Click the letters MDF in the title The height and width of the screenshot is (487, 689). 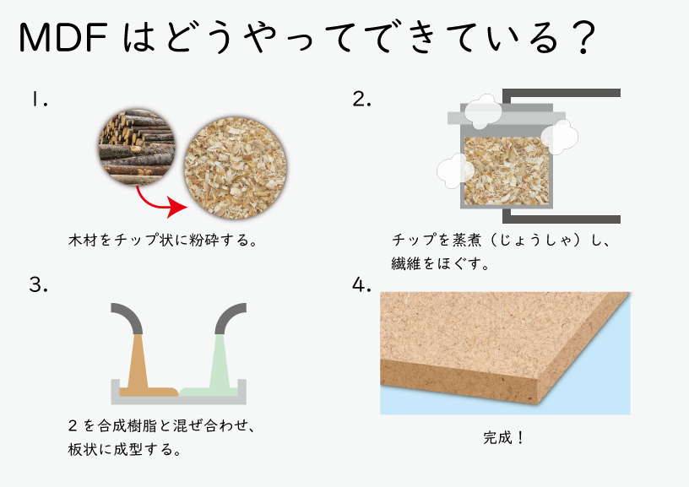point(63,38)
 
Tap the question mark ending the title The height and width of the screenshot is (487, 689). point(583,38)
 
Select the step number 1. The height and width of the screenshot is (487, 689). point(39,100)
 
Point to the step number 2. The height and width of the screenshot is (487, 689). point(361,100)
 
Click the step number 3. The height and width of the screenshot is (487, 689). point(38,285)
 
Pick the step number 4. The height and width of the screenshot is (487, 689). point(361,285)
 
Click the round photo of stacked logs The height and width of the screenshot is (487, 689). point(137,147)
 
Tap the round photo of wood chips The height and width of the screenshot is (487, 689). point(235,168)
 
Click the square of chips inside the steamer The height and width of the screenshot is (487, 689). point(507,170)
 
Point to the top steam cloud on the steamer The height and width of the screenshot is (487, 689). point(483,111)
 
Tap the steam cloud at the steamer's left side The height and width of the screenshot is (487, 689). point(453,171)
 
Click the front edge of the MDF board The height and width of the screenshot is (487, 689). point(459,382)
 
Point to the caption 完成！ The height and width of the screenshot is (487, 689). point(503,437)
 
